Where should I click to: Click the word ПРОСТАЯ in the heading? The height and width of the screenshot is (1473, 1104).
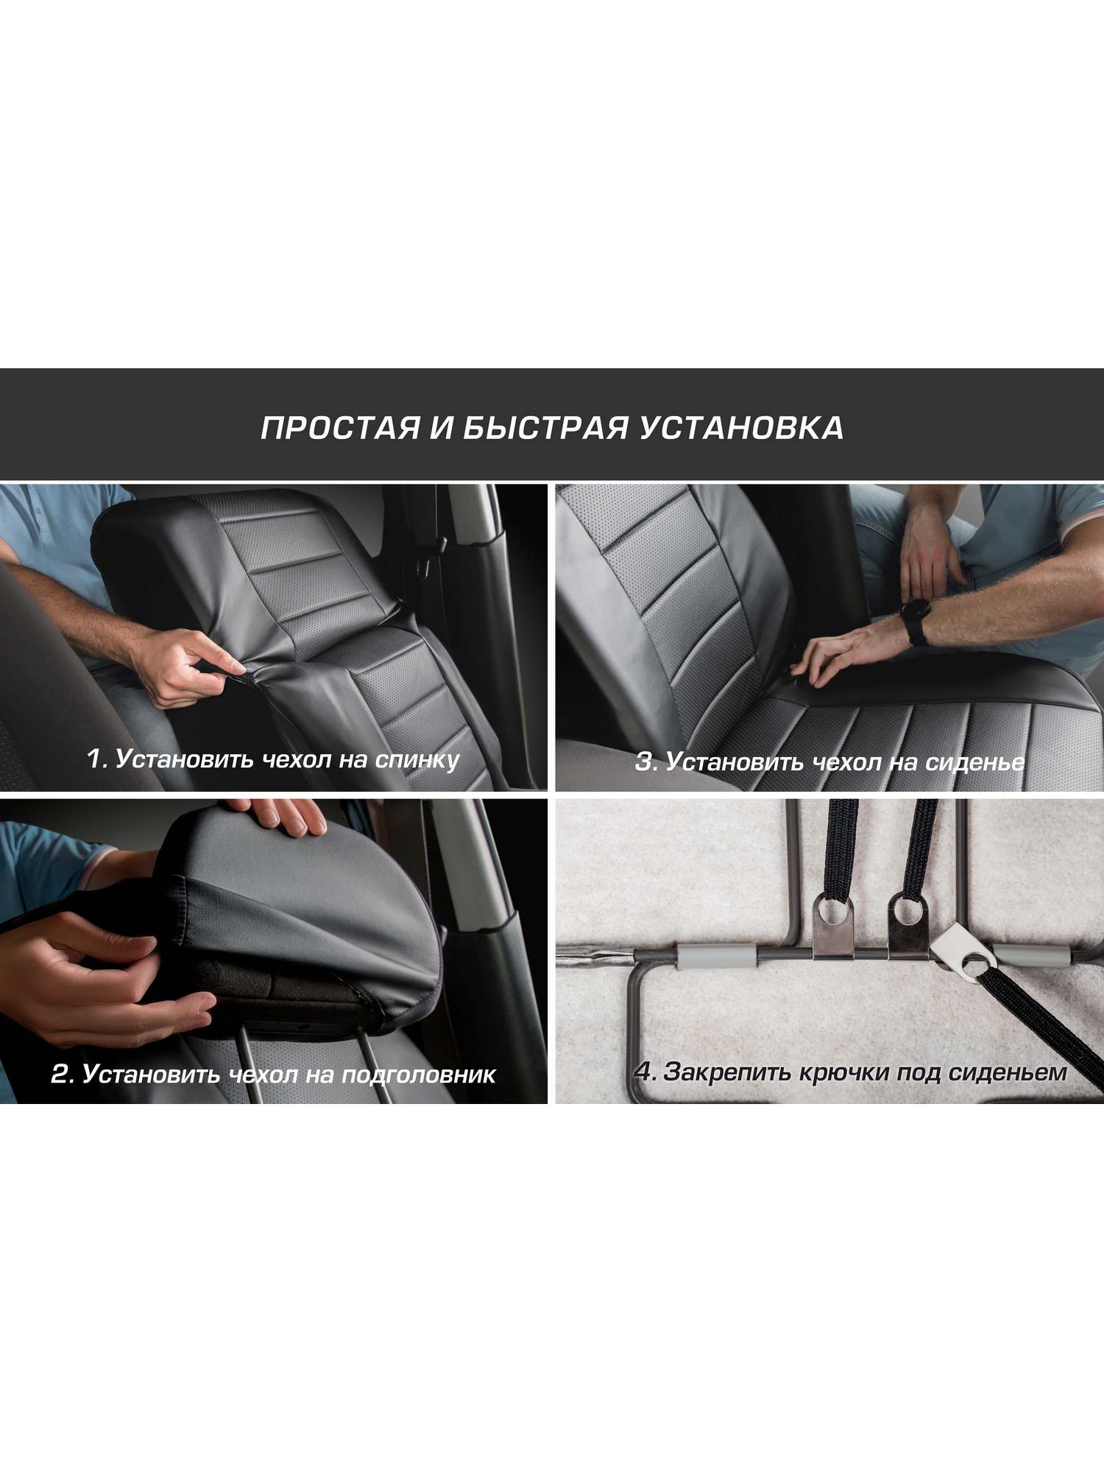point(340,428)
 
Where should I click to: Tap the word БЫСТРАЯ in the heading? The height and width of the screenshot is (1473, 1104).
point(545,428)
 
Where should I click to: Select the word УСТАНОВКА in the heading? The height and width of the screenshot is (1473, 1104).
point(741,428)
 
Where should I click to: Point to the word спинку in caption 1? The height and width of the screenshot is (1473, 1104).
point(417,759)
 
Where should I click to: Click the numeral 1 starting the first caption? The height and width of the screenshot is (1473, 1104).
point(94,759)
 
